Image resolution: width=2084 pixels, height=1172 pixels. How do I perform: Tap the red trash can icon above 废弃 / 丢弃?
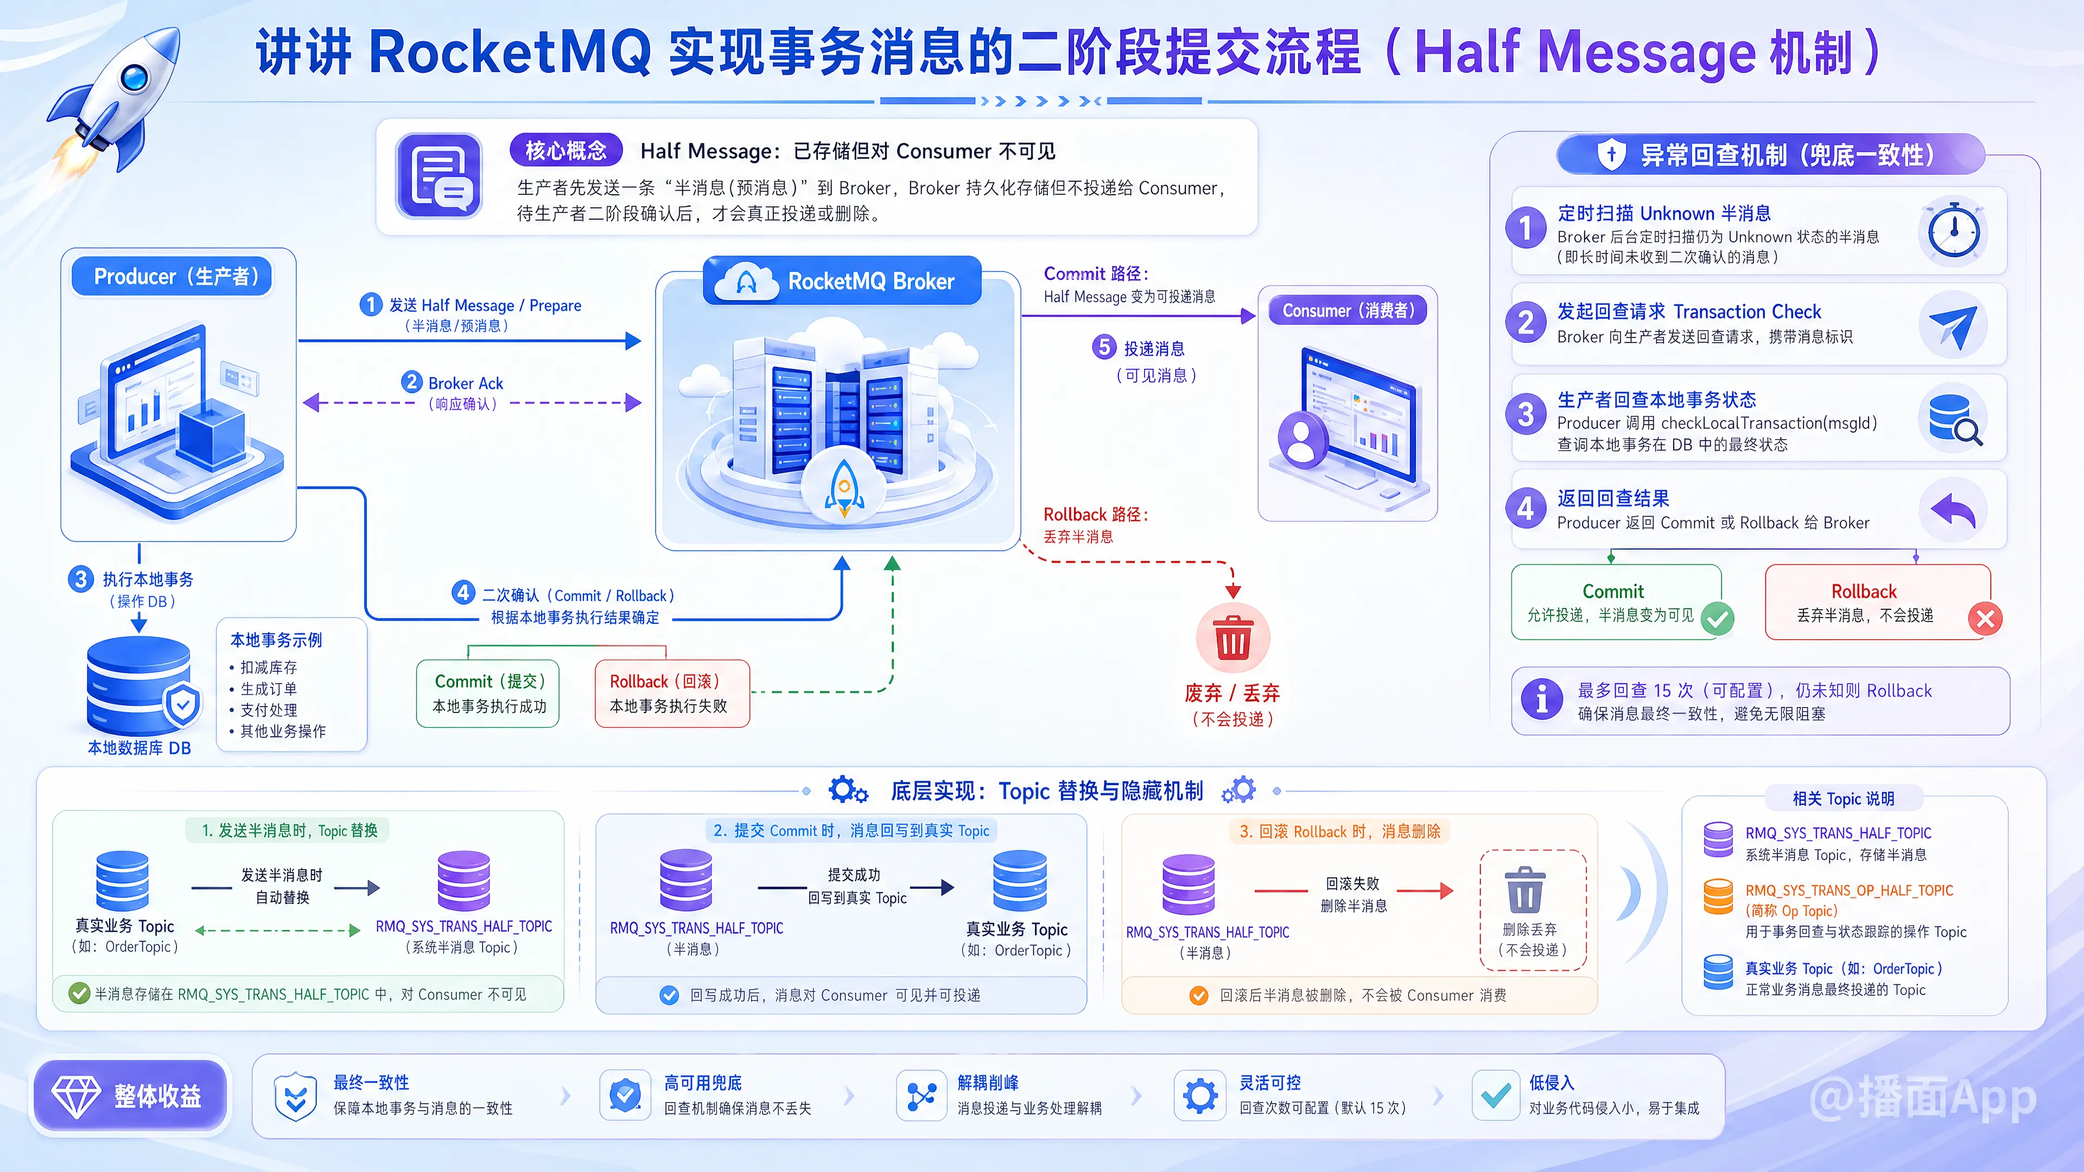pos(1233,638)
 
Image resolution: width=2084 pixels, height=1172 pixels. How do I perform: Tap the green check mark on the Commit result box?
pos(1717,620)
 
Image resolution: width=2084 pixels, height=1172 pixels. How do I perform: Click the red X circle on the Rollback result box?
pos(1985,620)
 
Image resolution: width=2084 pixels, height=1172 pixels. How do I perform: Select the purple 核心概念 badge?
pos(566,150)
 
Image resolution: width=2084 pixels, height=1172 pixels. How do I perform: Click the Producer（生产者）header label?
pos(173,277)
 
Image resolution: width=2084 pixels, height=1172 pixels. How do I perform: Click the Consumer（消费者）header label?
pos(1348,310)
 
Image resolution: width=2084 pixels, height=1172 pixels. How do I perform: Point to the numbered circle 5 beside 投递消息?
pos(1103,347)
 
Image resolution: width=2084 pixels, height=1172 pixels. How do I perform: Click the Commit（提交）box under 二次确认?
pos(488,693)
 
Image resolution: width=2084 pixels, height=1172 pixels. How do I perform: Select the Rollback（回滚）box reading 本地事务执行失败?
pos(671,693)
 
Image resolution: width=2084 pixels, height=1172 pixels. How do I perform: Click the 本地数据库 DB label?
pos(139,748)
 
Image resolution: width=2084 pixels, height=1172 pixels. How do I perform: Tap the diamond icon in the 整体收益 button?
pos(76,1096)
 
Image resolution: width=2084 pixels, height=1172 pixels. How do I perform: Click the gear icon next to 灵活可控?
pos(1200,1096)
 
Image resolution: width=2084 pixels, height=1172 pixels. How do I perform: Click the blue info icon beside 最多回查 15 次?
pos(1542,699)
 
